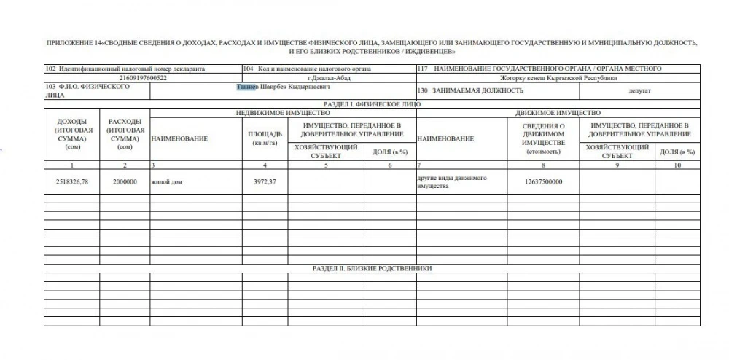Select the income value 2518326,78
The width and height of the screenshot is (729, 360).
[x=71, y=181]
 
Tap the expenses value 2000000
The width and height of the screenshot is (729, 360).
[x=125, y=181]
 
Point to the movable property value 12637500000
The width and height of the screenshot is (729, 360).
[x=544, y=181]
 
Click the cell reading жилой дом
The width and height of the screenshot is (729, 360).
[x=165, y=181]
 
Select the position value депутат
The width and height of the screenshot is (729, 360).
[x=639, y=91]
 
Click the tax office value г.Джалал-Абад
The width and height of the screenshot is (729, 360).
[x=328, y=77]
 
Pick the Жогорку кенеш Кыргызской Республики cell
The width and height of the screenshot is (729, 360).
[x=558, y=77]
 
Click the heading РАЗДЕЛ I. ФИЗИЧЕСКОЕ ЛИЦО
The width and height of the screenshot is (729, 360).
[x=371, y=104]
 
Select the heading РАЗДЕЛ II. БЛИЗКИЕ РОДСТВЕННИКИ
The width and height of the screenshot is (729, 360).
[x=371, y=268]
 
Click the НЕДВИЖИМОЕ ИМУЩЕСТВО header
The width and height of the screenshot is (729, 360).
[x=283, y=113]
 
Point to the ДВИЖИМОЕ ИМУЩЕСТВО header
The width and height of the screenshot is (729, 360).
[x=558, y=113]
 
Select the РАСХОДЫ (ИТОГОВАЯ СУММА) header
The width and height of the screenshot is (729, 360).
[x=125, y=133]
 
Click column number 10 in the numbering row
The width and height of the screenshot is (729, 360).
[x=677, y=165]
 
